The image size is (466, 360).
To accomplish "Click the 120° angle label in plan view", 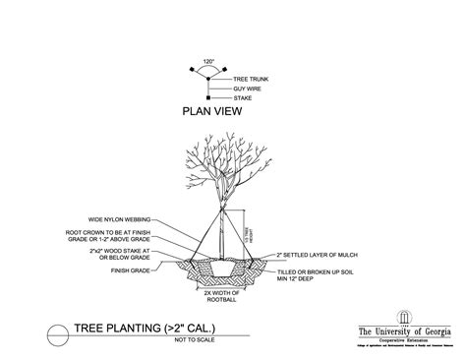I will click(x=207, y=61).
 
